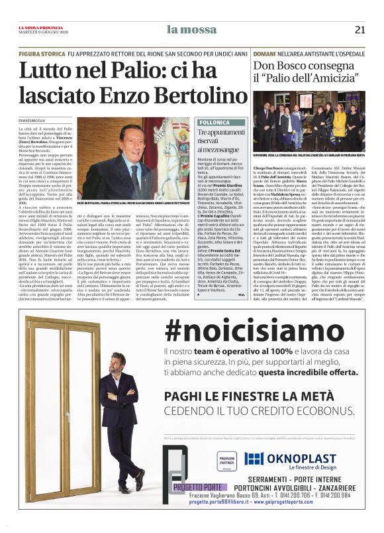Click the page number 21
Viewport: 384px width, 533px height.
360,29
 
